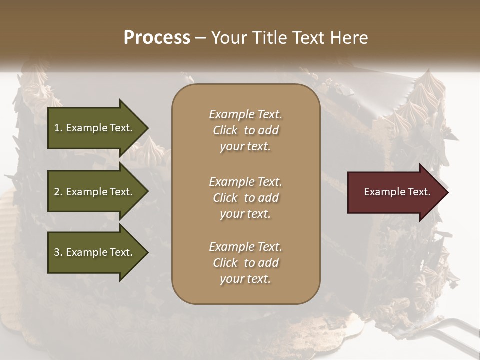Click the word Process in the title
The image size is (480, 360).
(x=157, y=38)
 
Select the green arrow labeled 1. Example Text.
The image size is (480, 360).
(x=95, y=128)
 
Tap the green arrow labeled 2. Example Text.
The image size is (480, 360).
(x=95, y=192)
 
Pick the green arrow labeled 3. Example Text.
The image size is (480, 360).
(x=95, y=252)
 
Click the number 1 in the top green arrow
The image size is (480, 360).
(x=57, y=128)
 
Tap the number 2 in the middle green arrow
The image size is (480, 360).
(x=57, y=192)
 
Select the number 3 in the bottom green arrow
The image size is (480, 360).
(x=57, y=252)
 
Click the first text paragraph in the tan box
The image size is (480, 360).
(x=245, y=130)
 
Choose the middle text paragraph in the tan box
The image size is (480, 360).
(x=245, y=198)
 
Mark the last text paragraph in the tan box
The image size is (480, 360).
(x=245, y=263)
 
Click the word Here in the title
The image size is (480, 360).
(x=349, y=38)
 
